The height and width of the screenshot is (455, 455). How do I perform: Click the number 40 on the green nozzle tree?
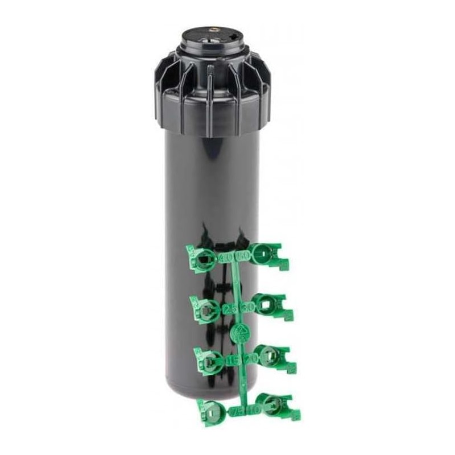226,259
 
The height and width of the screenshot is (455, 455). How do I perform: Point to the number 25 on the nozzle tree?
230,309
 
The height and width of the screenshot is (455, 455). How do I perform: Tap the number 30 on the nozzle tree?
247,307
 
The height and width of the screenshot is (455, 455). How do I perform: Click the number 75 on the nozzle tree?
237,411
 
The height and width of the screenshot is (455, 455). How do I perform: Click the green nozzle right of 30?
268,304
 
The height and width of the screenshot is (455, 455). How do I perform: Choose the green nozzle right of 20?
271,355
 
